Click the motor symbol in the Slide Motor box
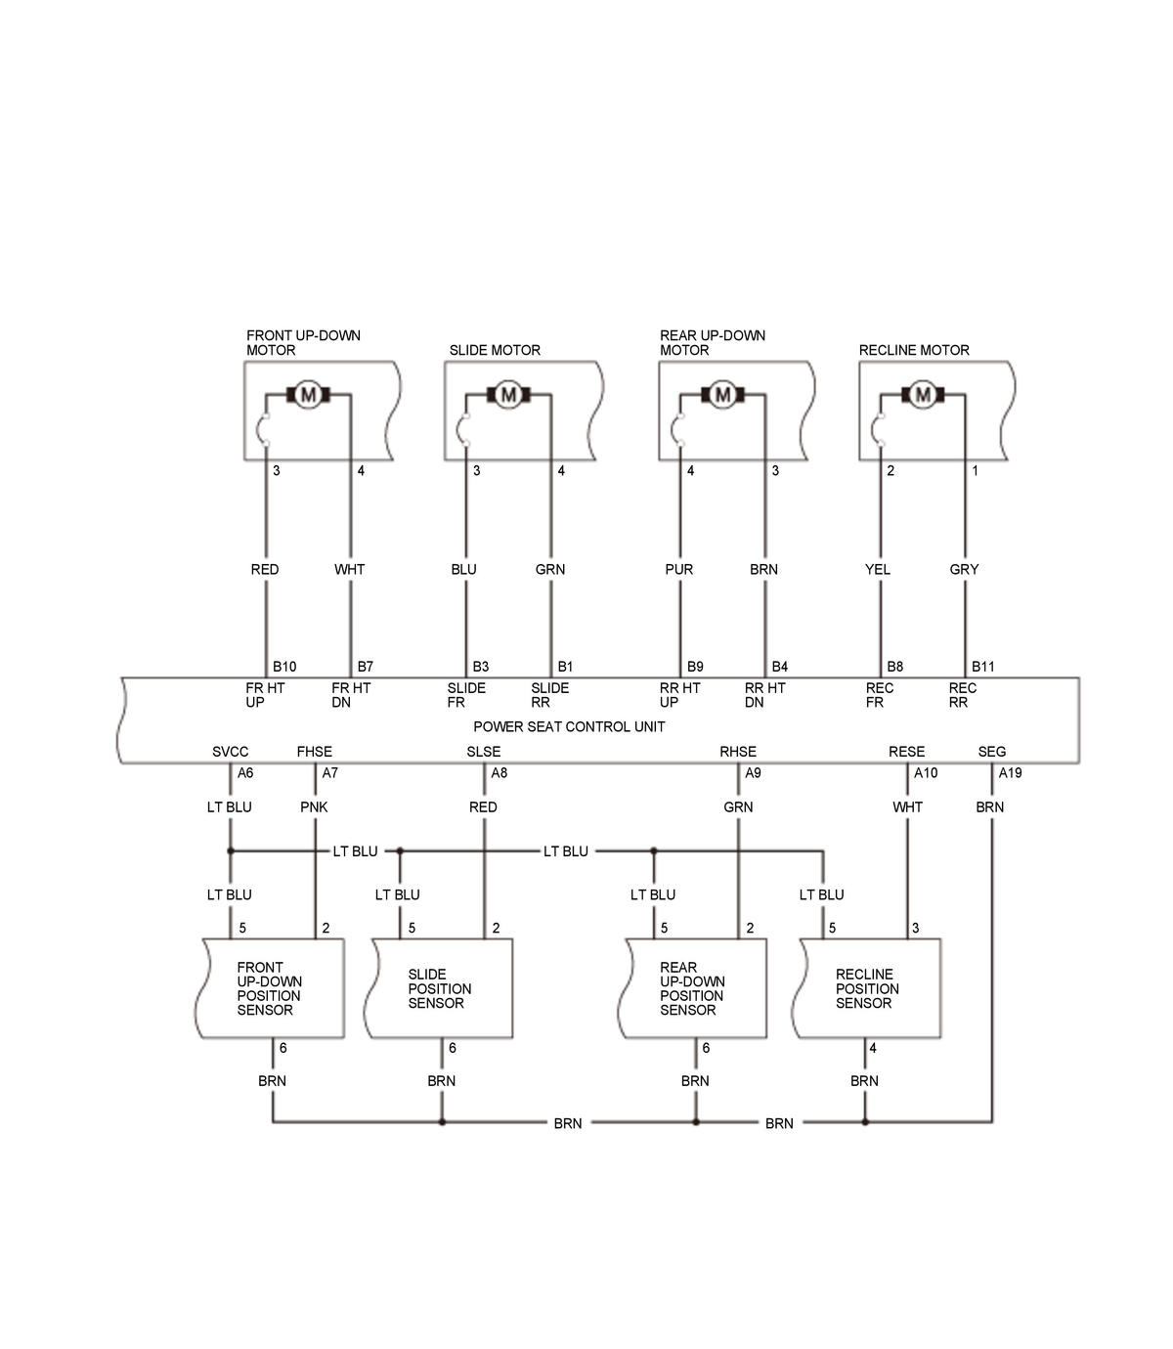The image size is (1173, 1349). [508, 395]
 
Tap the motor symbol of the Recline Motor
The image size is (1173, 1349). [922, 395]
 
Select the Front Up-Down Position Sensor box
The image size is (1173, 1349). [271, 988]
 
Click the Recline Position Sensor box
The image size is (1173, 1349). [870, 988]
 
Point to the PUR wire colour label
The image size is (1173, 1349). [678, 569]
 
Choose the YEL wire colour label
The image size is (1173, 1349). [878, 569]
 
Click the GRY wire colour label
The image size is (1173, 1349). [964, 569]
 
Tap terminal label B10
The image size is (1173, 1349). [284, 667]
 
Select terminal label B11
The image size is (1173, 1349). [983, 667]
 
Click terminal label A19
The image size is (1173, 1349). [1010, 773]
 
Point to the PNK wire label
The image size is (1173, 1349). [314, 807]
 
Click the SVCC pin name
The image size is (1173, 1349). [231, 752]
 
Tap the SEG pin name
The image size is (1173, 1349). [991, 752]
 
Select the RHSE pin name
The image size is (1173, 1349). [738, 752]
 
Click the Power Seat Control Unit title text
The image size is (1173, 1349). [569, 727]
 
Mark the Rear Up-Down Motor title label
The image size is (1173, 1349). [712, 342]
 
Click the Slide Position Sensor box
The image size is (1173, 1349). [440, 988]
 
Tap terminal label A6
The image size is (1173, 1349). [245, 773]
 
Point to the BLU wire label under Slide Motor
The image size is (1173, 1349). [463, 569]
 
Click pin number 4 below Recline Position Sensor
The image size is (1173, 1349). [873, 1048]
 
